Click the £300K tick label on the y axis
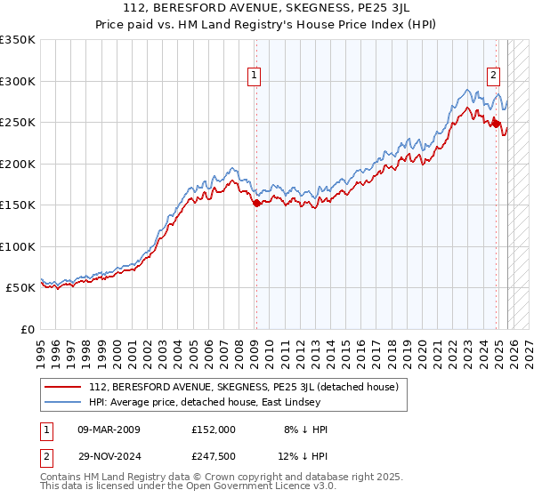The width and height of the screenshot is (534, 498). tap(18, 81)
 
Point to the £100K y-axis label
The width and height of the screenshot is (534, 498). tap(18, 246)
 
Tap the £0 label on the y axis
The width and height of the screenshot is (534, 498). tap(26, 329)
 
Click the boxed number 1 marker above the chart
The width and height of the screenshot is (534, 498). tap(255, 76)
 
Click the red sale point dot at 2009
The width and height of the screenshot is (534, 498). tap(256, 204)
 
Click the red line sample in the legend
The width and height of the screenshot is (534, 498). tap(63, 387)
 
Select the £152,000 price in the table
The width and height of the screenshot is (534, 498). tap(213, 430)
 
